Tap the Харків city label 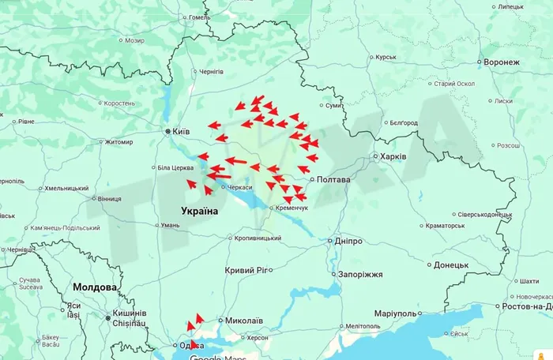tap(393, 156)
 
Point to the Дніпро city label tap(348, 240)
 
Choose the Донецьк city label tap(451, 264)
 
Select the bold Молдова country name tap(94, 287)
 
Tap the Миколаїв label tap(244, 321)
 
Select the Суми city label tap(333, 104)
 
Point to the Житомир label tap(119, 142)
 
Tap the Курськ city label tap(386, 57)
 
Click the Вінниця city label tap(110, 199)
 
